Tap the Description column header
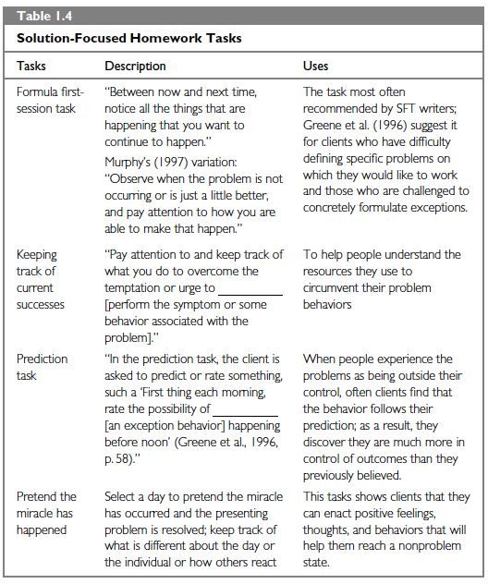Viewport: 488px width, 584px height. (135, 67)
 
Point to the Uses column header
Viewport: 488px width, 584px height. (315, 67)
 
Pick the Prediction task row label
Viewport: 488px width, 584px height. (43, 367)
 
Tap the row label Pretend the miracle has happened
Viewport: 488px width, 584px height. (46, 513)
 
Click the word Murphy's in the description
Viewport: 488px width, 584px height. (129, 158)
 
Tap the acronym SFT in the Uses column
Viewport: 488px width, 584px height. (409, 109)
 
